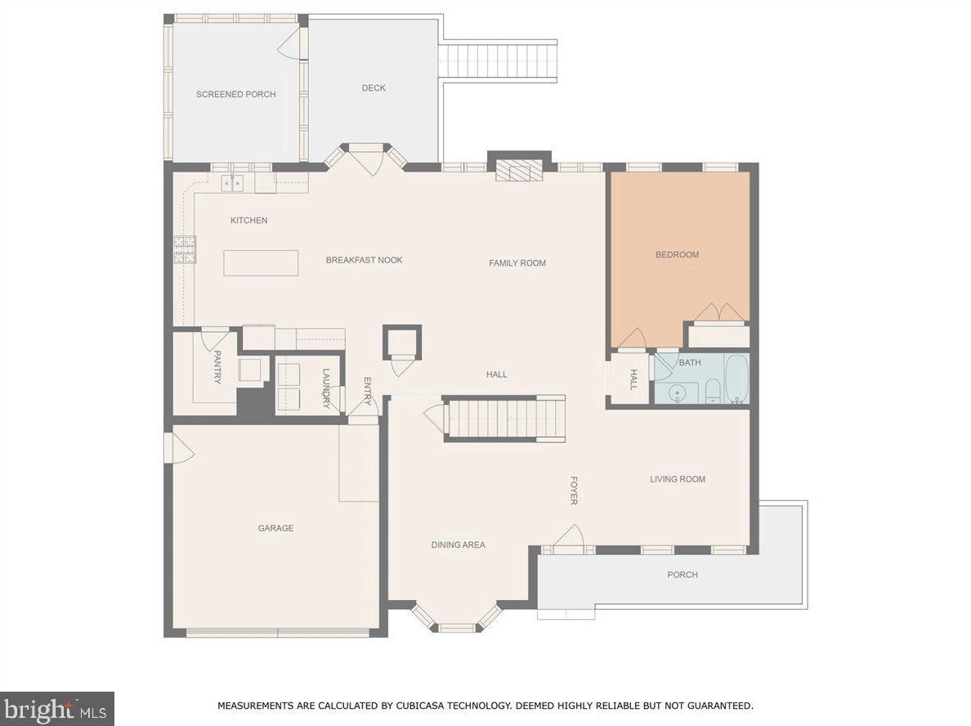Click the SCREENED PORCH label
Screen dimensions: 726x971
tap(235, 94)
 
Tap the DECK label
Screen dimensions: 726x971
tap(374, 88)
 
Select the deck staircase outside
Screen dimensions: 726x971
tap(498, 61)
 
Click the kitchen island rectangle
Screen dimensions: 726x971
tap(261, 262)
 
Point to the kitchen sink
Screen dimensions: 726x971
tap(233, 184)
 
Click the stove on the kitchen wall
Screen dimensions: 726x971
tap(184, 249)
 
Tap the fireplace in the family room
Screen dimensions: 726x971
tap(519, 169)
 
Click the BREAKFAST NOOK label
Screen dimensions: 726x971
tap(364, 260)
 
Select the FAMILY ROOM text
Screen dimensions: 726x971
tap(517, 263)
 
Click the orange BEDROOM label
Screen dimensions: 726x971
tap(677, 255)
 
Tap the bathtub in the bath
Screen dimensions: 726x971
tap(736, 379)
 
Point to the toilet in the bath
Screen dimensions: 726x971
tap(711, 391)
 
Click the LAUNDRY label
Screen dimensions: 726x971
tap(325, 388)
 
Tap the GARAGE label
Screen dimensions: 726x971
tap(275, 528)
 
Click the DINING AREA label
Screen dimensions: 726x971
tap(458, 545)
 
